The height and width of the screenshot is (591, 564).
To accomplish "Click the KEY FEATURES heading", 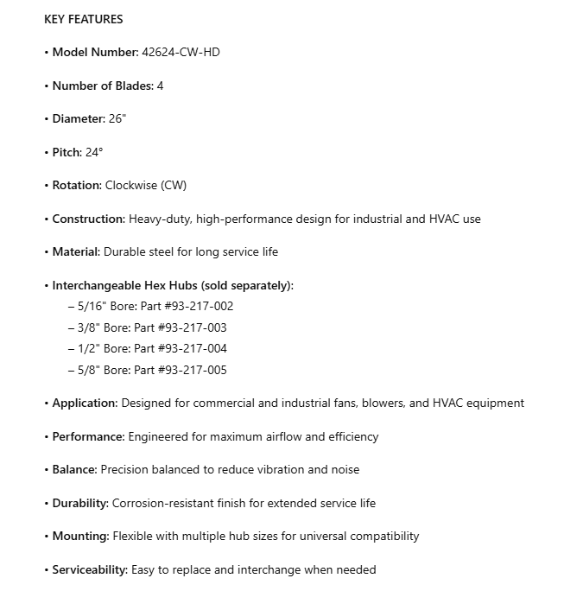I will pos(83,19).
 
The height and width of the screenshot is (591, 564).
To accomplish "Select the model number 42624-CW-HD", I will pos(181,53).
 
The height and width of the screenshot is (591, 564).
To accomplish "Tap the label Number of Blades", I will pos(102,86).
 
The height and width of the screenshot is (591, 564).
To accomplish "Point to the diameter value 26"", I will pos(117,119).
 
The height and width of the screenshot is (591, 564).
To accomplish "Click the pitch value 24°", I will pos(93,152).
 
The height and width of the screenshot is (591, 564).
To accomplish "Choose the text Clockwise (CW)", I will pos(145,186).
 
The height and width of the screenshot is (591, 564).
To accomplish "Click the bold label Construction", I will pos(88,219).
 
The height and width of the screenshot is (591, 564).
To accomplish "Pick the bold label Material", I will pos(77,252).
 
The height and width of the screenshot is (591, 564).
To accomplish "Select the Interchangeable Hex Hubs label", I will pos(173,285).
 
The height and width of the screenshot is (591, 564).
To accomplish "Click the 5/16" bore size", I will pos(92,306).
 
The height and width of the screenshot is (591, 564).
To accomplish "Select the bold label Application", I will pos(85,404).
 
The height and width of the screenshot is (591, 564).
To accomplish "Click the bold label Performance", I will pos(88,436).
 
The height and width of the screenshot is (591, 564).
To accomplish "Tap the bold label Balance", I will pos(74,470).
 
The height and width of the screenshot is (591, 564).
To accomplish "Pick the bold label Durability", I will pos(80,503).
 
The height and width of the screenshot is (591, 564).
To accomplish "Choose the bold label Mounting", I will pos(80,537).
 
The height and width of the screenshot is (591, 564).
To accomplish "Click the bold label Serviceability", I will pos(90,569).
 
